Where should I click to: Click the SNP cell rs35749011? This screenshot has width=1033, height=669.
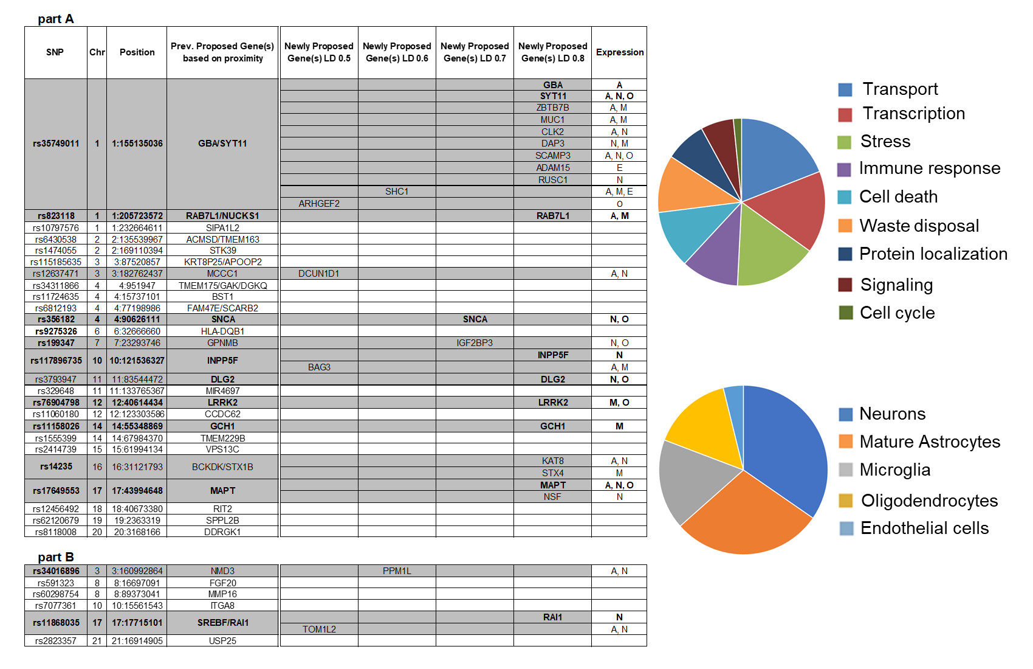[x=56, y=144]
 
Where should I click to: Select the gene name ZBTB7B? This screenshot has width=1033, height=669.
[x=552, y=108]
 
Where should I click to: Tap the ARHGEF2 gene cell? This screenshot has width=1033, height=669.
[x=318, y=204]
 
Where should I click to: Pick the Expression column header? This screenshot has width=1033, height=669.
[x=619, y=52]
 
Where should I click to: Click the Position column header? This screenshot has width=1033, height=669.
[x=137, y=52]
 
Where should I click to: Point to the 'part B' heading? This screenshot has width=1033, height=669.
[x=55, y=557]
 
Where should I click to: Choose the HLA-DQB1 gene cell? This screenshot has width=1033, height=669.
[x=223, y=331]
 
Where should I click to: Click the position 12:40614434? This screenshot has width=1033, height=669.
[x=137, y=403]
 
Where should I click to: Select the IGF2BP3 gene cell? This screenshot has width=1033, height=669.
[x=475, y=343]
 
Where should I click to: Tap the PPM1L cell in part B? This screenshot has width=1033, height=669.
[x=397, y=571]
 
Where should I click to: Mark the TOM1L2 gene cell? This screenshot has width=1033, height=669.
[x=318, y=629]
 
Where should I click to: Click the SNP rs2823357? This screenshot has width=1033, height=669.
[x=56, y=641]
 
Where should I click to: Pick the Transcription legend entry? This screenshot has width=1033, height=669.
[x=902, y=114]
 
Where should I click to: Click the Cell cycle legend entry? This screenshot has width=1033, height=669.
[x=887, y=313]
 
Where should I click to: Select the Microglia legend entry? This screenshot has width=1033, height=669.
[x=885, y=470]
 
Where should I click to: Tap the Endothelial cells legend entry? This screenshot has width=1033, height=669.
[x=913, y=528]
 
